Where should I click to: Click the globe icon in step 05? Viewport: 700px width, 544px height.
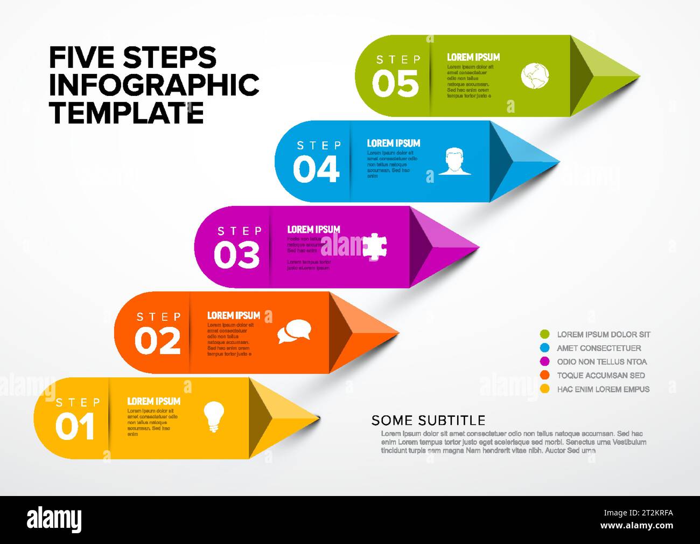pyautogui.click(x=535, y=75)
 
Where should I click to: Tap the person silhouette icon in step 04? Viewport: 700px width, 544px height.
pyautogui.click(x=454, y=161)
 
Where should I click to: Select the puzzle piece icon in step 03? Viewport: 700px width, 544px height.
pyautogui.click(x=374, y=247)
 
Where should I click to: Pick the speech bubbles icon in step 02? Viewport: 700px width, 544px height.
pyautogui.click(x=294, y=331)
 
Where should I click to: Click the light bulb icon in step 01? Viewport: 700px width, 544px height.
pyautogui.click(x=213, y=417)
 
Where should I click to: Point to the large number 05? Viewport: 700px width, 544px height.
pyautogui.click(x=395, y=85)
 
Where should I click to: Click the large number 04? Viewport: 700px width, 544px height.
pyautogui.click(x=316, y=170)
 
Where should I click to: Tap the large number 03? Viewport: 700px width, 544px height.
pyautogui.click(x=236, y=256)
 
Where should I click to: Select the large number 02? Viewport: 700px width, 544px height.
pyautogui.click(x=157, y=342)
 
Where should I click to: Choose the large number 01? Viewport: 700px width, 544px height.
pyautogui.click(x=75, y=427)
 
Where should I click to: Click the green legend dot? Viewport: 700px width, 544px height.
pyautogui.click(x=544, y=335)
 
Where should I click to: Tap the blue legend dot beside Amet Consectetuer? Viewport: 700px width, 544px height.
pyautogui.click(x=544, y=348)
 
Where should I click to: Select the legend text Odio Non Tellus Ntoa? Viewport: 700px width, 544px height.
pyautogui.click(x=601, y=362)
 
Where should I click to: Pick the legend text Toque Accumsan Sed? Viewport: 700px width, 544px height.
pyautogui.click(x=600, y=375)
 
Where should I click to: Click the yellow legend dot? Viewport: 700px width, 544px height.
pyautogui.click(x=544, y=389)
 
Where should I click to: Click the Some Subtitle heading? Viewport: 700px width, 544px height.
pyautogui.click(x=428, y=421)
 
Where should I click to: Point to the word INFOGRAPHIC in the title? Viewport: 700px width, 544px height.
pyautogui.click(x=154, y=85)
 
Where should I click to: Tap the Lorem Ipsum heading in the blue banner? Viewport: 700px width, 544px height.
pyautogui.click(x=393, y=143)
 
